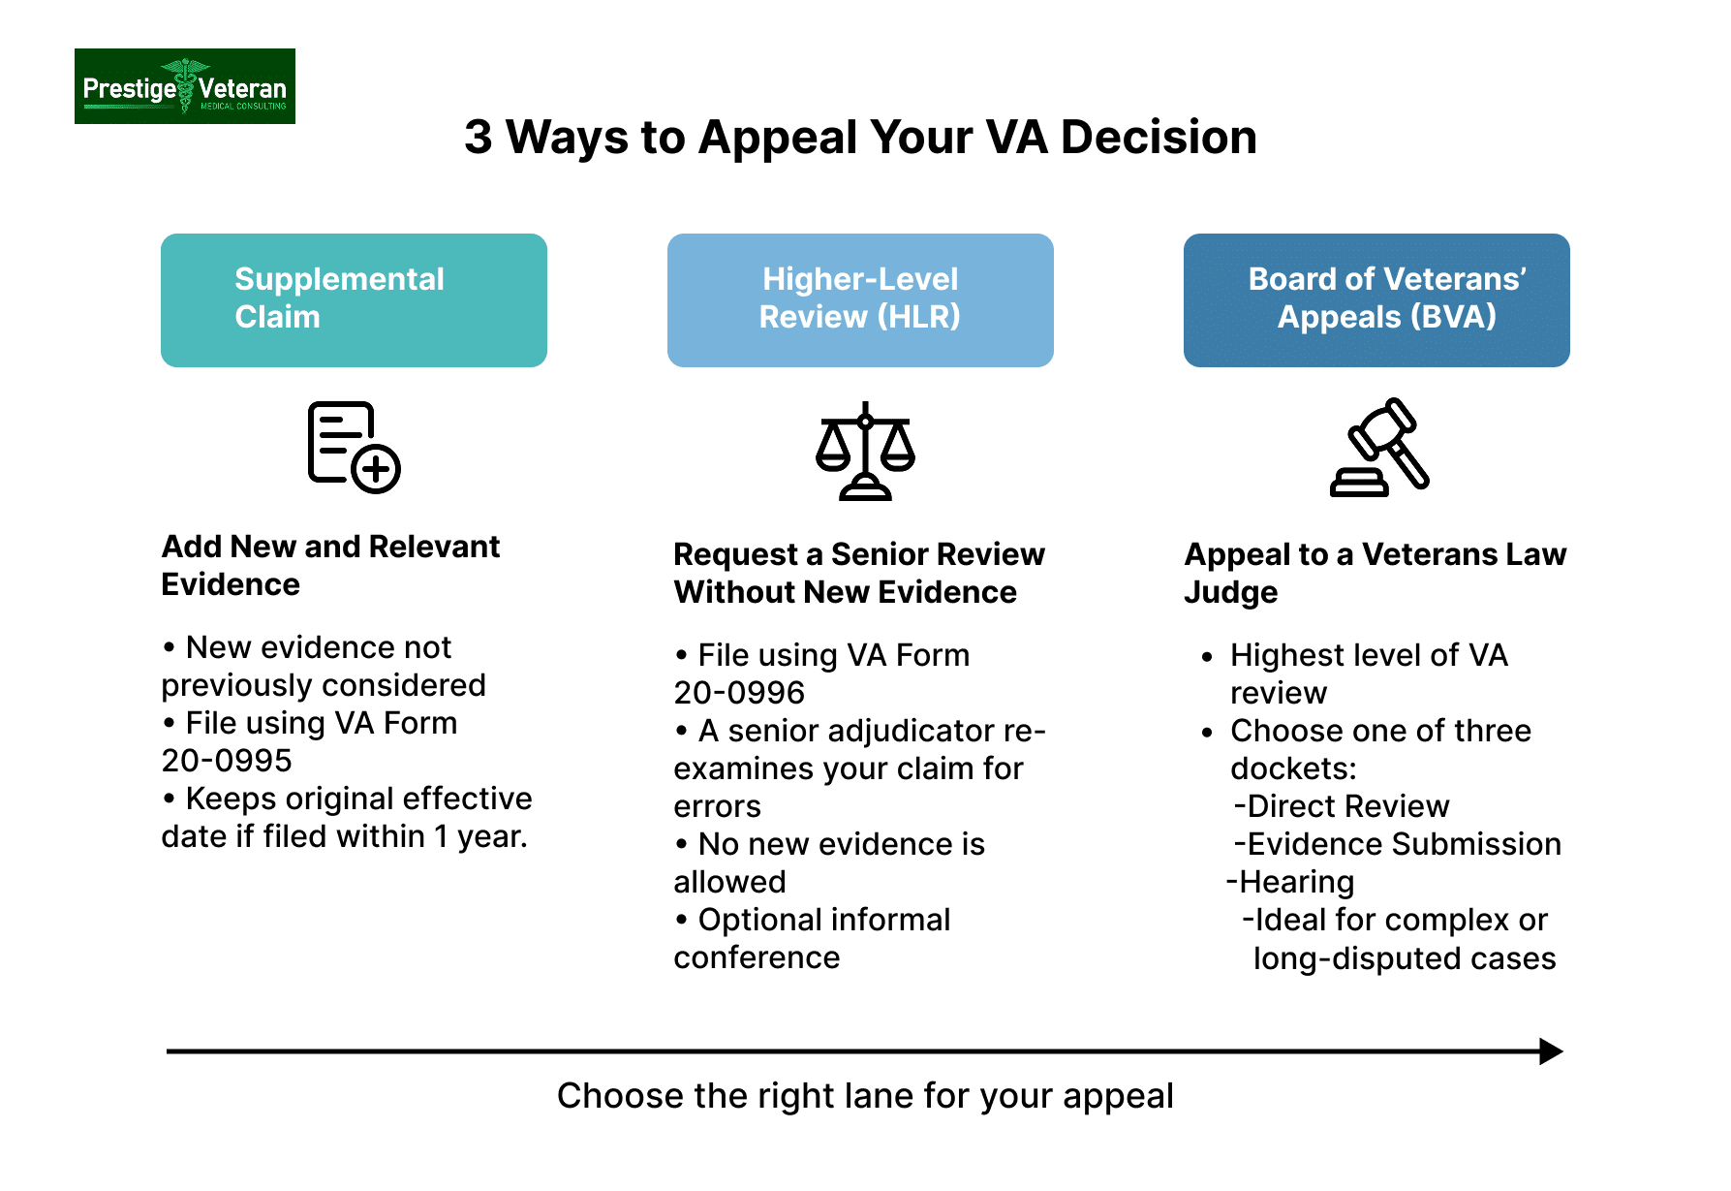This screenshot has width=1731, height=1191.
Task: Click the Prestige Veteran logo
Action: (x=184, y=86)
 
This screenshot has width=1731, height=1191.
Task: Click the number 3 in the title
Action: (x=478, y=138)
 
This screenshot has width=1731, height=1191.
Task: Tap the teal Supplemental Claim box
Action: (x=354, y=299)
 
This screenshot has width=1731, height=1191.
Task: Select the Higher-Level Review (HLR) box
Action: (x=859, y=299)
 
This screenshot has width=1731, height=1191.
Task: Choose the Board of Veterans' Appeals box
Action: (x=1376, y=299)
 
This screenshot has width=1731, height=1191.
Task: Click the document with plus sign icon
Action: (x=354, y=447)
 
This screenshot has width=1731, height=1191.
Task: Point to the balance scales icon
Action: (x=865, y=451)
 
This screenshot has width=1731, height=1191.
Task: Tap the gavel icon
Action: (x=1379, y=448)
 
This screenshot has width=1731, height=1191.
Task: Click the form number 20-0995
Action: (x=227, y=761)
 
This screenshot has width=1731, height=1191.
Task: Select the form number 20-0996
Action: (x=739, y=693)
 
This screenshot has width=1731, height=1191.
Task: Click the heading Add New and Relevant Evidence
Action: (x=329, y=565)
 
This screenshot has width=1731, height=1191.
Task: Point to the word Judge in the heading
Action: (x=1230, y=592)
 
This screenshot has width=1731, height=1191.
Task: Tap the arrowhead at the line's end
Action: (x=1551, y=1051)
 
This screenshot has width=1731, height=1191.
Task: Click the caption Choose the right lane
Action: (x=864, y=1096)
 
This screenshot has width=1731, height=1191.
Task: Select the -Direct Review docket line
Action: (x=1342, y=806)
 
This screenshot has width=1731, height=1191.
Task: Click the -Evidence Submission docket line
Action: (x=1397, y=844)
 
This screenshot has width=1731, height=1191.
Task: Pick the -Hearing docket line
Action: (x=1290, y=882)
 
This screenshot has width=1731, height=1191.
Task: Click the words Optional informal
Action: (x=823, y=920)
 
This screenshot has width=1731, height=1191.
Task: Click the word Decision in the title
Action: (x=1159, y=138)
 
